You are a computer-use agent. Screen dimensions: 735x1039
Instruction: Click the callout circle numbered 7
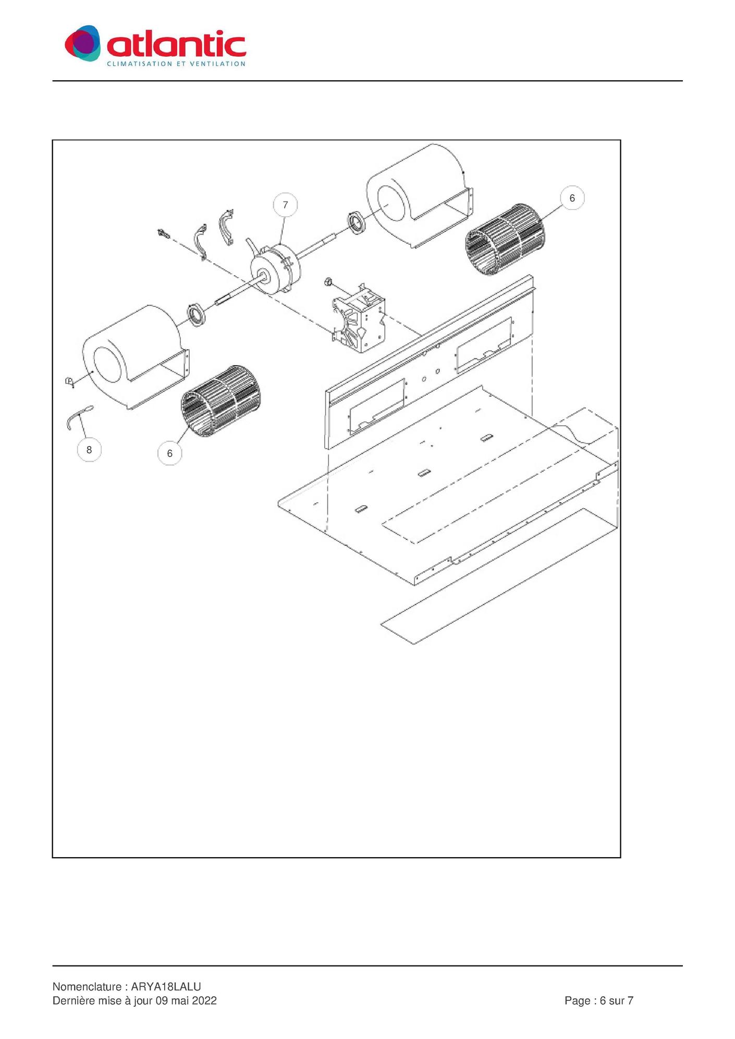tap(285, 205)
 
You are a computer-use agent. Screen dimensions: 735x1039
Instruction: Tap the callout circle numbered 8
tap(89, 450)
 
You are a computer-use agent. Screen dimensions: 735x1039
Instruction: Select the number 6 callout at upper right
tap(572, 198)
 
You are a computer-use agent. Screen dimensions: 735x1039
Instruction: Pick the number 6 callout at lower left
tap(169, 453)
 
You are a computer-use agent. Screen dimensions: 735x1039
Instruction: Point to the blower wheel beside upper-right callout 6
tap(504, 239)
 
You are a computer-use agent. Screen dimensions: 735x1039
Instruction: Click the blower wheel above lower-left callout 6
tap(220, 401)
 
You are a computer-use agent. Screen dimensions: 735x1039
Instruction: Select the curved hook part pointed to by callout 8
tap(79, 416)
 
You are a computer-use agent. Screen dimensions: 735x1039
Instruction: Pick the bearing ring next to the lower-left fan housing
tap(196, 317)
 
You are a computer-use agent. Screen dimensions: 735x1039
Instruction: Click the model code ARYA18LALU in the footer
tap(166, 986)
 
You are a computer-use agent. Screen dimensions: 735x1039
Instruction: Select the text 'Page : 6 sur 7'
tap(599, 1000)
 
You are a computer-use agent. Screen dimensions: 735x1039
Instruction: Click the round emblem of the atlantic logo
tap(82, 43)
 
